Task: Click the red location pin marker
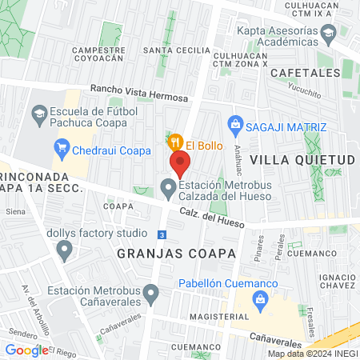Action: pyautogui.click(x=180, y=165)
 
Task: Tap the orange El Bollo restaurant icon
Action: pyautogui.click(x=175, y=143)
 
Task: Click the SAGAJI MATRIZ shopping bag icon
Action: pyautogui.click(x=235, y=125)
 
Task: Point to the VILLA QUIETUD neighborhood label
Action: pyautogui.click(x=302, y=160)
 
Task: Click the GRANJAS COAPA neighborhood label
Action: pyautogui.click(x=166, y=252)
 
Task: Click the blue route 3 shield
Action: pyautogui.click(x=162, y=234)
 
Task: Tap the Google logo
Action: pyautogui.click(x=26, y=350)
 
